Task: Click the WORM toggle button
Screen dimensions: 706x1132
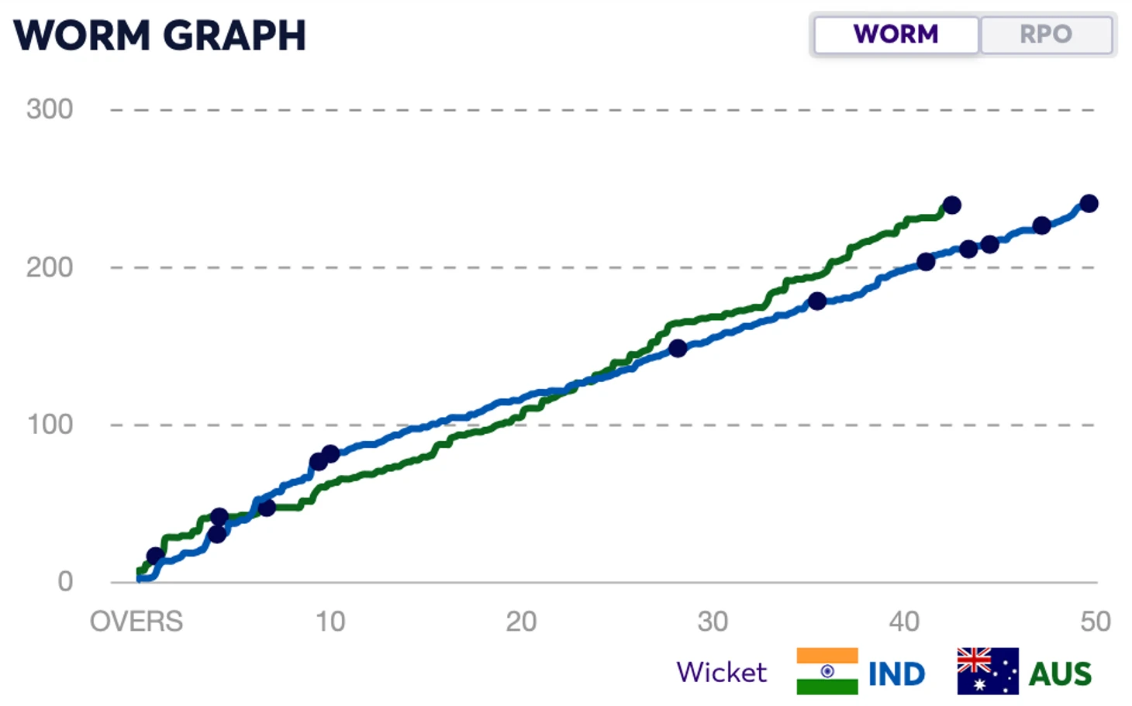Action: [x=896, y=34]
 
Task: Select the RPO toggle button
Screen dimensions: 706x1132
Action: [x=1046, y=34]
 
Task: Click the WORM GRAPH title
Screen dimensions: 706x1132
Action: [x=160, y=36]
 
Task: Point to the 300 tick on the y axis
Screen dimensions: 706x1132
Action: [x=50, y=109]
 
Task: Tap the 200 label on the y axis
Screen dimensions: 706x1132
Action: [x=50, y=267]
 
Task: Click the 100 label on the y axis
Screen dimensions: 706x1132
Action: [x=50, y=425]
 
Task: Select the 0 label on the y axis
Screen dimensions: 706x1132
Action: [x=65, y=581]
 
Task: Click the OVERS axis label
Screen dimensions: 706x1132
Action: [x=136, y=622]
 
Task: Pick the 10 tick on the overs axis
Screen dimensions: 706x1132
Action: [x=330, y=622]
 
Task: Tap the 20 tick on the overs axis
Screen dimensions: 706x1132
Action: [x=521, y=622]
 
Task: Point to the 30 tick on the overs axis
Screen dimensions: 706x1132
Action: [x=713, y=622]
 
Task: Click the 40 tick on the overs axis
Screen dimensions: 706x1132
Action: [x=904, y=622]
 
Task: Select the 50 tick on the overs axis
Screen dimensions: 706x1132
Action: [x=1096, y=622]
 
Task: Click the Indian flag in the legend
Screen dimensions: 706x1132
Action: [x=827, y=671]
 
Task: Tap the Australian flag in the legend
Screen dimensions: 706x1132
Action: [x=988, y=671]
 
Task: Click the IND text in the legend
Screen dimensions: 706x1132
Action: [x=897, y=674]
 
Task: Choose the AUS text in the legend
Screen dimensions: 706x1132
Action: [x=1060, y=674]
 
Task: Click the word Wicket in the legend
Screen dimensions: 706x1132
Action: [x=721, y=672]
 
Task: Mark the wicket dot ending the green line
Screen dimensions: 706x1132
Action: [x=952, y=205]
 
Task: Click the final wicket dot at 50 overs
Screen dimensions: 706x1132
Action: [x=1089, y=204]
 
